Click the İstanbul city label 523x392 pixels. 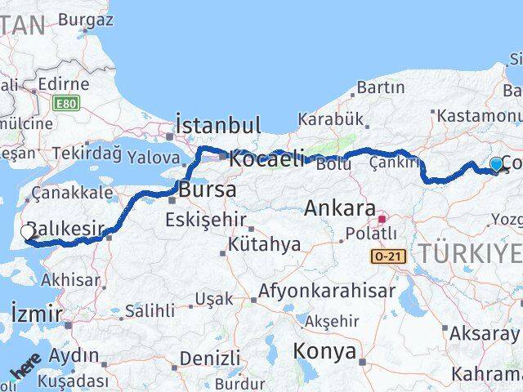pos(218,125)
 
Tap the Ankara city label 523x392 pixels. pos(339,208)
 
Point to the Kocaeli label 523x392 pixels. pos(266,158)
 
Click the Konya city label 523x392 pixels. pos(324,352)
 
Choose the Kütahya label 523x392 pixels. pos(264,243)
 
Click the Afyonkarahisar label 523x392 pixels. pos(327,291)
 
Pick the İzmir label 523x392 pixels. pos(37,313)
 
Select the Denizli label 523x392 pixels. pos(210,358)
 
